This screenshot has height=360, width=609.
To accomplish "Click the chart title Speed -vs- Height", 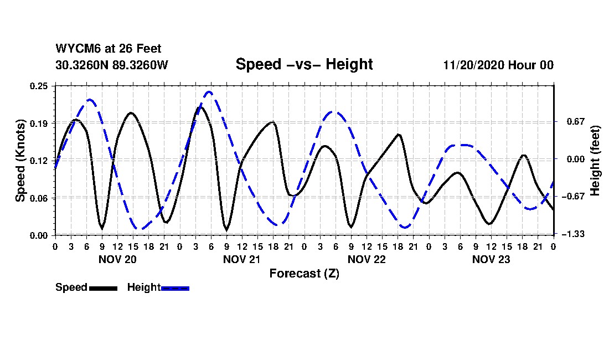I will click(304, 64).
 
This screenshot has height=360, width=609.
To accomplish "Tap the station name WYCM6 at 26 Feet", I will click(109, 49).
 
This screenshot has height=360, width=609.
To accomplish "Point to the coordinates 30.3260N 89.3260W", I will click(112, 65).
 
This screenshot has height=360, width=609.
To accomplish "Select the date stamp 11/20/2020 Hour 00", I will click(498, 65).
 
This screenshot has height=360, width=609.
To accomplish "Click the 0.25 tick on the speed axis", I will click(40, 86).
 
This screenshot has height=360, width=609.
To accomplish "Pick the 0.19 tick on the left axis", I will click(40, 123).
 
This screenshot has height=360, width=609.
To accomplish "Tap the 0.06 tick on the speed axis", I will click(40, 198).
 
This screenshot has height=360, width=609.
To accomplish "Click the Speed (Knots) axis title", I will click(20, 160).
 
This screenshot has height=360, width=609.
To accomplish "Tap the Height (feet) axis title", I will click(595, 160).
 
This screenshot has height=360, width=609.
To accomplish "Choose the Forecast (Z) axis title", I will click(304, 273).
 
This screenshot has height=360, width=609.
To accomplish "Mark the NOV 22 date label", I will click(366, 259).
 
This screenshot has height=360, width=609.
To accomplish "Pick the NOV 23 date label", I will click(491, 259).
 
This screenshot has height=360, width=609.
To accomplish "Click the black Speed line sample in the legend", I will click(103, 288).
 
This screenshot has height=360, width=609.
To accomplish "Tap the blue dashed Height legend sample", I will click(175, 288).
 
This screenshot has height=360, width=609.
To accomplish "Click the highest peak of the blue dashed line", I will click(209, 92).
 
